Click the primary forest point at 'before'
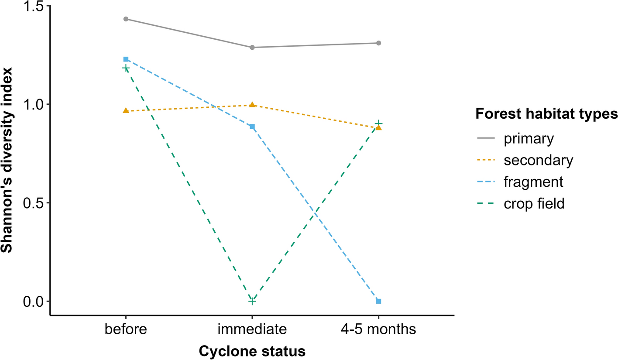[126, 19]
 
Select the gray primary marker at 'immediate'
[252, 47]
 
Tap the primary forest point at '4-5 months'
[378, 43]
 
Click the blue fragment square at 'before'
[126, 59]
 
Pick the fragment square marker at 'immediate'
[252, 127]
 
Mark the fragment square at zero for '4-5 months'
[378, 302]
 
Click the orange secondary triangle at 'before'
[126, 111]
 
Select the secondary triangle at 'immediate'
[252, 105]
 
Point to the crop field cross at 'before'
[126, 68]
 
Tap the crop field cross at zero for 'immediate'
[252, 301]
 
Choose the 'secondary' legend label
[537, 160]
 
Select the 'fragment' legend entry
[533, 182]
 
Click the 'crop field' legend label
[534, 203]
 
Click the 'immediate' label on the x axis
[252, 329]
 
